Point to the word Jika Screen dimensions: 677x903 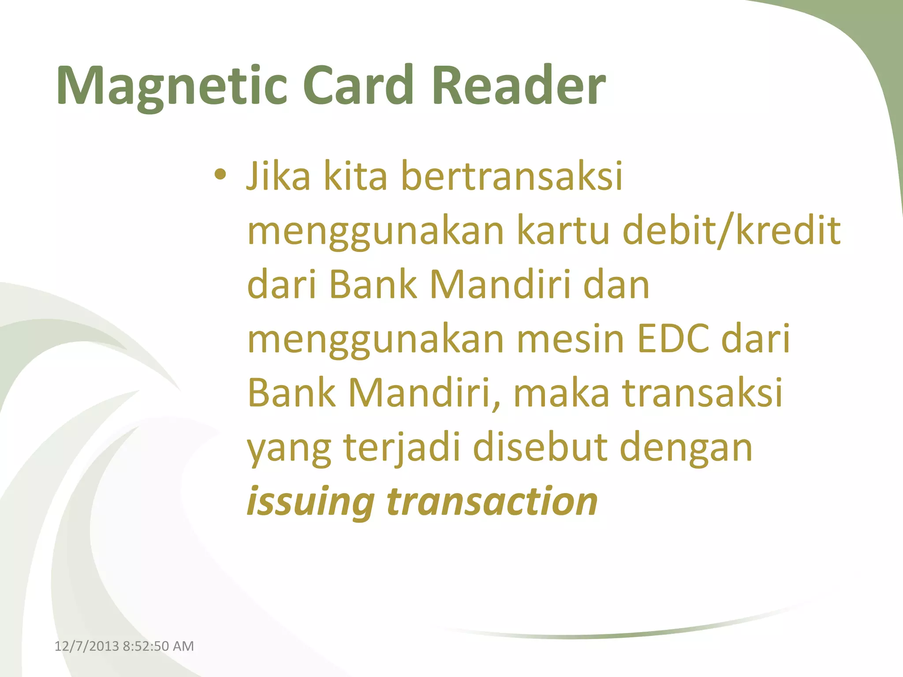(x=278, y=176)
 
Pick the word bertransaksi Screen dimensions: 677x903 (x=512, y=176)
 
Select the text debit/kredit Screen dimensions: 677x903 (x=731, y=231)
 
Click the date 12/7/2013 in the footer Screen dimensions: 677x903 (x=86, y=646)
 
